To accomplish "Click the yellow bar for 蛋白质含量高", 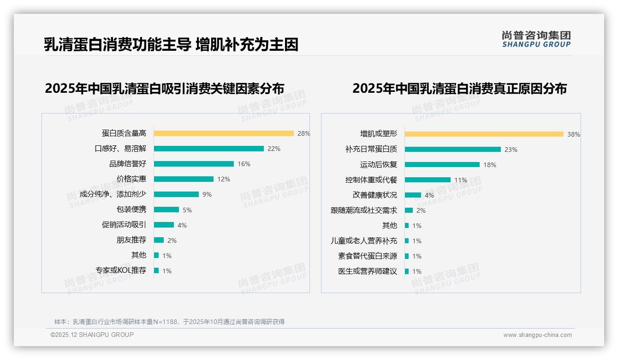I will pos(224,133).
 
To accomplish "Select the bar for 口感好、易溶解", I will pos(209,149).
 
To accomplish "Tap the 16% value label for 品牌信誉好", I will pos(244,164).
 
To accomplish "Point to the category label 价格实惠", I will pos(131,179).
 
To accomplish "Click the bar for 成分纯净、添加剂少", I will pos(176,194).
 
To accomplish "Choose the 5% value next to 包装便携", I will pos(187,210).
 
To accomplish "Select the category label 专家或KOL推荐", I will pos(121,270).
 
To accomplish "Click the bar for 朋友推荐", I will pos(159,240).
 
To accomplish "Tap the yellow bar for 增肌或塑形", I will pos(484,134).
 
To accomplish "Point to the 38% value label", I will pos(574,134).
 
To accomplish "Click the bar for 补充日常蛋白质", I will pos(453,150).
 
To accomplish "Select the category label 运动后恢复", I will pos(379,165).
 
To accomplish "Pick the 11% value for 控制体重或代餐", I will pos(461,180).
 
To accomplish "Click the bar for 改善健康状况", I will pos(413,195).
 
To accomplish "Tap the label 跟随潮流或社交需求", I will pos(364,210).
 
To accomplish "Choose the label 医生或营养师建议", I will pos(368,271).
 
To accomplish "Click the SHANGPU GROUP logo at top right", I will pos(536,39).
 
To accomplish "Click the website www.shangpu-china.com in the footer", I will pos(537,335).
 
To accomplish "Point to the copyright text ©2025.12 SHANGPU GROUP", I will pos(92,335).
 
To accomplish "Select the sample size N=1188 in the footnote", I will pos(165,322).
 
